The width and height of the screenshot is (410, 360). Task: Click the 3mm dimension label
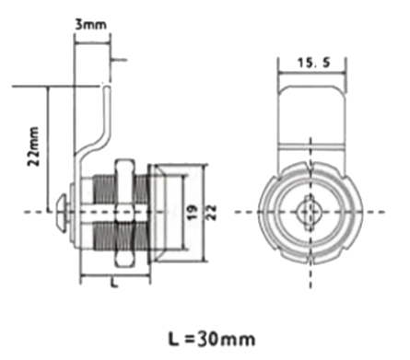[x=91, y=25]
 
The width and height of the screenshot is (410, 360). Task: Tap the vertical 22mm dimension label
[x=34, y=146]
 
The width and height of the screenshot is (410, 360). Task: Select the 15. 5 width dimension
[x=314, y=63]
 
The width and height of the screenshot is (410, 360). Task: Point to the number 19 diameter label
[x=192, y=213]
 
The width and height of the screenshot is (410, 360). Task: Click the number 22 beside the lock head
[x=212, y=213]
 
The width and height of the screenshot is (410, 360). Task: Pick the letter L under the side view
[x=114, y=283]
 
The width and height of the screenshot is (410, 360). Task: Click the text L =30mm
[x=212, y=339]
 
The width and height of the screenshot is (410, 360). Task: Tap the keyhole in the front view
[x=310, y=212]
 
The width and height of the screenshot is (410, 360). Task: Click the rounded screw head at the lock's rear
[x=63, y=213]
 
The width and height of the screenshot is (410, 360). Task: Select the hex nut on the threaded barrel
[x=124, y=213]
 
